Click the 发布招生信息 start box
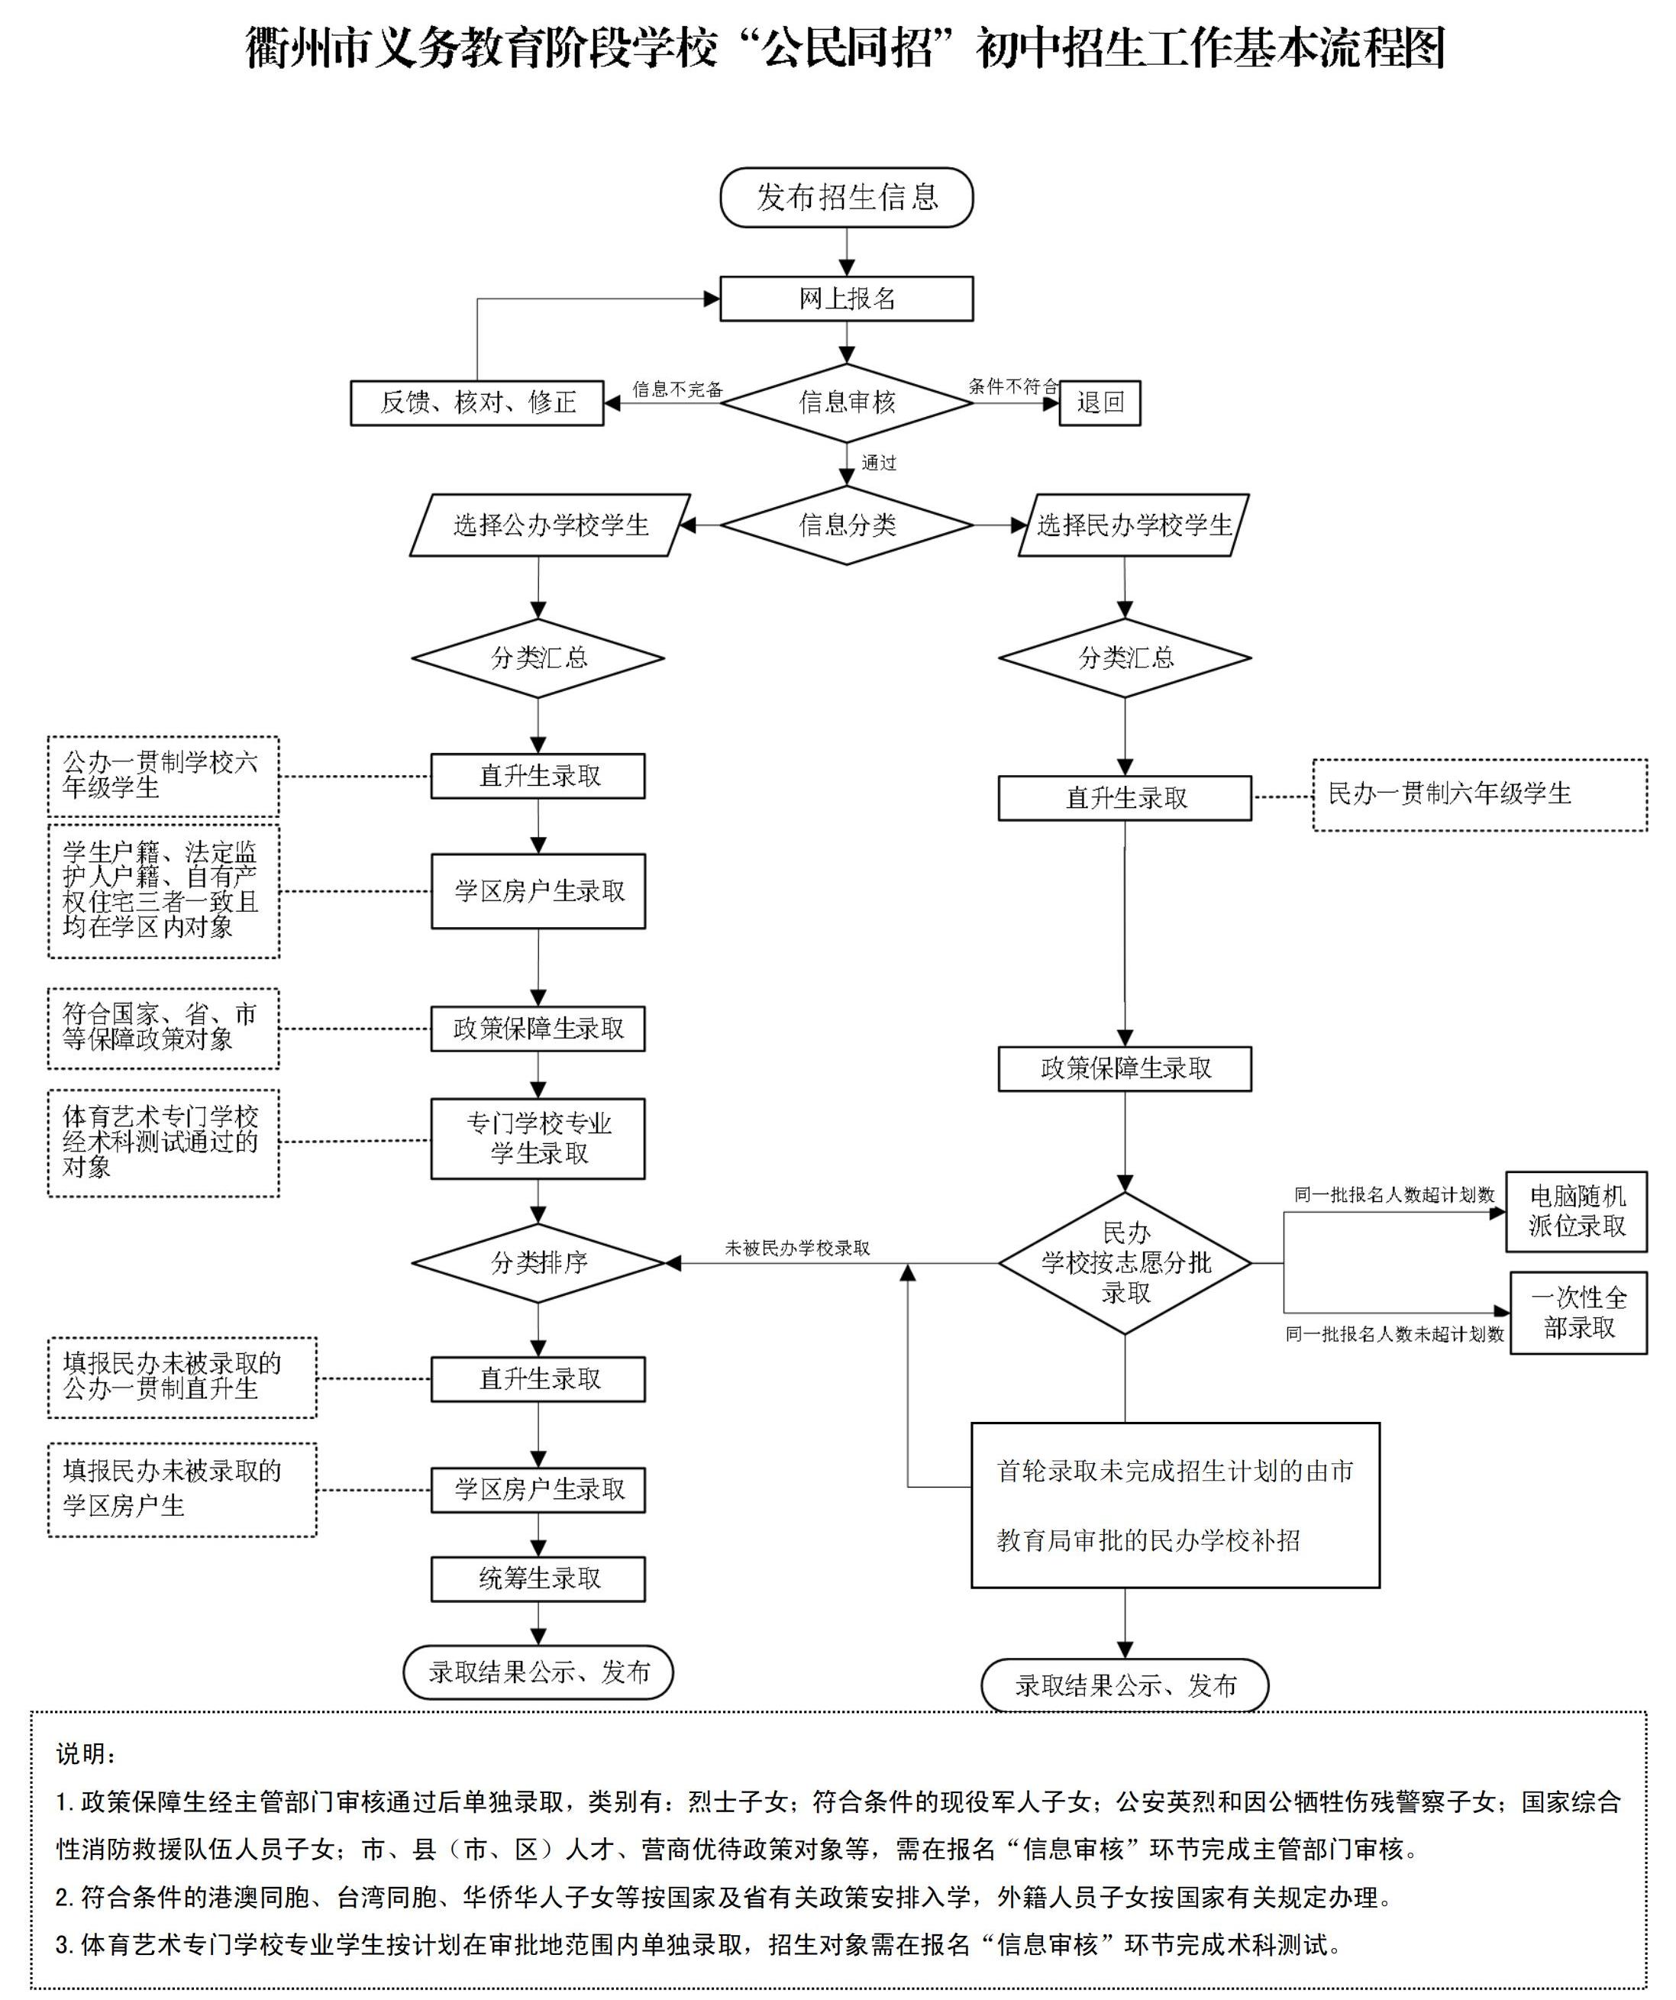[847, 197]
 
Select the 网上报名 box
[847, 299]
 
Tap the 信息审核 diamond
[847, 403]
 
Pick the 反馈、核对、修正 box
[477, 403]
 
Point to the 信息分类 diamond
[847, 525]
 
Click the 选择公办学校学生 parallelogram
[551, 525]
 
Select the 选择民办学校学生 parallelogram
[1133, 525]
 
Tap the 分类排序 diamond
[538, 1263]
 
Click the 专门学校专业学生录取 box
[538, 1139]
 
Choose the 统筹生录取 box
[538, 1579]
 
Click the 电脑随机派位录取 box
[1577, 1211]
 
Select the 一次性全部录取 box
[1579, 1313]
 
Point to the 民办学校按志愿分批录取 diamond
[1125, 1263]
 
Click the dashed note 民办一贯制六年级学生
[1480, 795]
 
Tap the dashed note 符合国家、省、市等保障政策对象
[164, 1029]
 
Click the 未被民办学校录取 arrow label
[797, 1248]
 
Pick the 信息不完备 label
[678, 389]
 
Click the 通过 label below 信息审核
[879, 463]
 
